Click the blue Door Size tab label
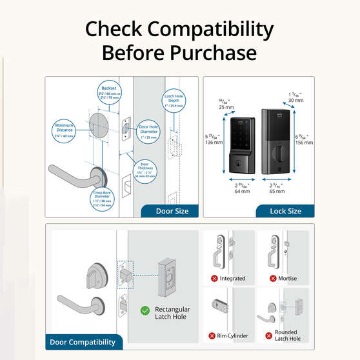pos(172,210)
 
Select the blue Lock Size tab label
pos(285,210)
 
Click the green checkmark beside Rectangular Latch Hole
pos(146,311)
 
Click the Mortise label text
pos(288,278)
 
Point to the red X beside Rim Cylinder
pos(211,335)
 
